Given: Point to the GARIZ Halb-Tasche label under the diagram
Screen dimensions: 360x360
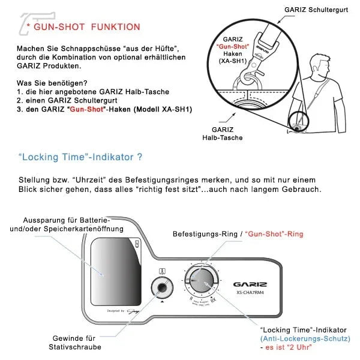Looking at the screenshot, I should (x=226, y=133).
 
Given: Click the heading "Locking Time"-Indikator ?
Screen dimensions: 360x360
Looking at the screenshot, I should (x=80, y=158).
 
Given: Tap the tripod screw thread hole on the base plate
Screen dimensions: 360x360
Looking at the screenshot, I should (x=161, y=287).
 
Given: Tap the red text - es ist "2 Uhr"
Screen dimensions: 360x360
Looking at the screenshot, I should (x=287, y=347).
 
